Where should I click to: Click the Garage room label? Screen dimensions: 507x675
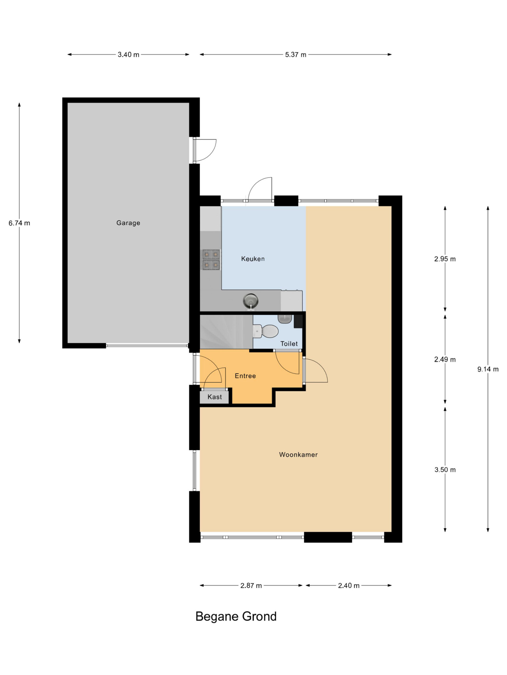pyautogui.click(x=128, y=223)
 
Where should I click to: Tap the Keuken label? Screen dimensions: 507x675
pyautogui.click(x=253, y=259)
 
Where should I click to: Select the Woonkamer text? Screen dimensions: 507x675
pyautogui.click(x=298, y=455)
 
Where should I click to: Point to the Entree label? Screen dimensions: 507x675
pyautogui.click(x=245, y=376)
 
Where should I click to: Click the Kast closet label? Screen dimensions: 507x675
pyautogui.click(x=214, y=397)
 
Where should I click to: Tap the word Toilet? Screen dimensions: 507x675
pyautogui.click(x=289, y=344)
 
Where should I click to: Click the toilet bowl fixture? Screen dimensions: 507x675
pyautogui.click(x=266, y=331)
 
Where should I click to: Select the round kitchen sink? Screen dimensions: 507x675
pyautogui.click(x=251, y=301)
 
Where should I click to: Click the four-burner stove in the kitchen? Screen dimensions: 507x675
pyautogui.click(x=211, y=260)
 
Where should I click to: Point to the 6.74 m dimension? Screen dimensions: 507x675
pyautogui.click(x=19, y=223)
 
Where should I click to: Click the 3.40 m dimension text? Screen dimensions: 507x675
pyautogui.click(x=128, y=55)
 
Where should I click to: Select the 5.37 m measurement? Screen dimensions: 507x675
pyautogui.click(x=295, y=55)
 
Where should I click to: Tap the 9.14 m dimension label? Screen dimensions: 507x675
pyautogui.click(x=488, y=369)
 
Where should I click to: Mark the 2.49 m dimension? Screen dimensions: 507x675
pyautogui.click(x=445, y=359)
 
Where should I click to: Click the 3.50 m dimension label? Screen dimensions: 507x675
pyautogui.click(x=445, y=470)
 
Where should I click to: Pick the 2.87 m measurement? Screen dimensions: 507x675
pyautogui.click(x=251, y=586)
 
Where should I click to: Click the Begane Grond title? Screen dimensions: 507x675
pyautogui.click(x=236, y=616)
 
